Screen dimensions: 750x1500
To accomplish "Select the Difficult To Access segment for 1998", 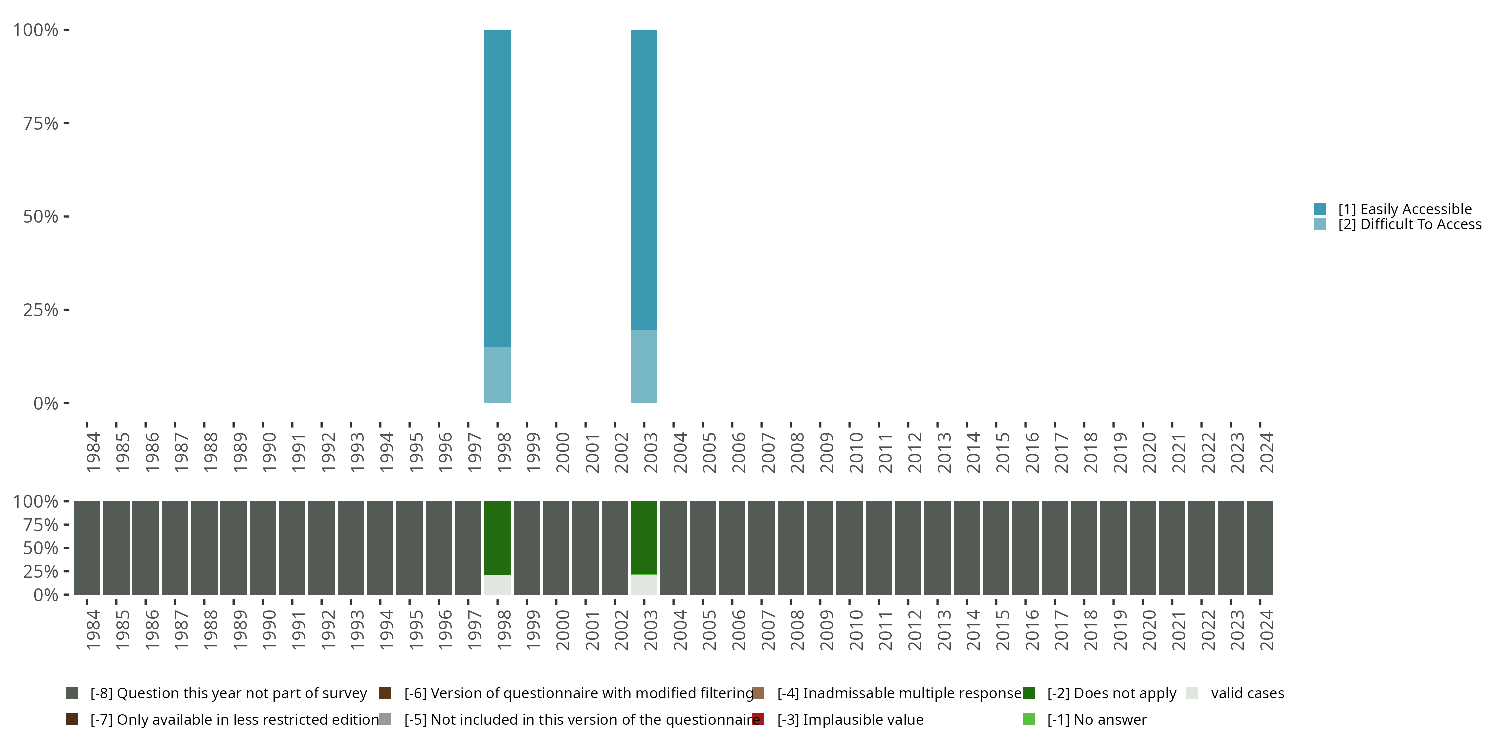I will tap(497, 375).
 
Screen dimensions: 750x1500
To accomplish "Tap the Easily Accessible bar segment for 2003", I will tap(644, 180).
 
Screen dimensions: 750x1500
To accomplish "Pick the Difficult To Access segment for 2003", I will tap(644, 366).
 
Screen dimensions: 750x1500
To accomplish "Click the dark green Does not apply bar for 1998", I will tap(497, 538).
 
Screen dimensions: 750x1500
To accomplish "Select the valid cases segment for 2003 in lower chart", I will tap(644, 584).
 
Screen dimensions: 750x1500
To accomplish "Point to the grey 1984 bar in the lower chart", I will tap(87, 548).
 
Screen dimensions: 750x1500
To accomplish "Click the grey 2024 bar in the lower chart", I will tap(1260, 548).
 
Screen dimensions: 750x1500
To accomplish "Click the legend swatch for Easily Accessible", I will tap(1320, 209).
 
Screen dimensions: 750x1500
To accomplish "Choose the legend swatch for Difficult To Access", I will tap(1320, 224).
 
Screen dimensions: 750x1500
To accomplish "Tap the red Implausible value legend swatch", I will tap(758, 719).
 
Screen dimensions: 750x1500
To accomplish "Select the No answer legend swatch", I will tap(1029, 719).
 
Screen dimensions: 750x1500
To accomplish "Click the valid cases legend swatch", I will tap(1192, 693).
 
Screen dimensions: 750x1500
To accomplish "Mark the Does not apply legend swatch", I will tap(1029, 693).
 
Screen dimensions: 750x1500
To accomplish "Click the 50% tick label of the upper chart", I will tap(41, 216).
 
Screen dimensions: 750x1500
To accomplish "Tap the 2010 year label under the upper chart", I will tap(856, 452).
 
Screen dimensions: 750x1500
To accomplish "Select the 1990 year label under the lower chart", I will tap(269, 630).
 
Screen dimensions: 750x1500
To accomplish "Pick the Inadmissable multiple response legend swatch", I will tap(758, 693).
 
